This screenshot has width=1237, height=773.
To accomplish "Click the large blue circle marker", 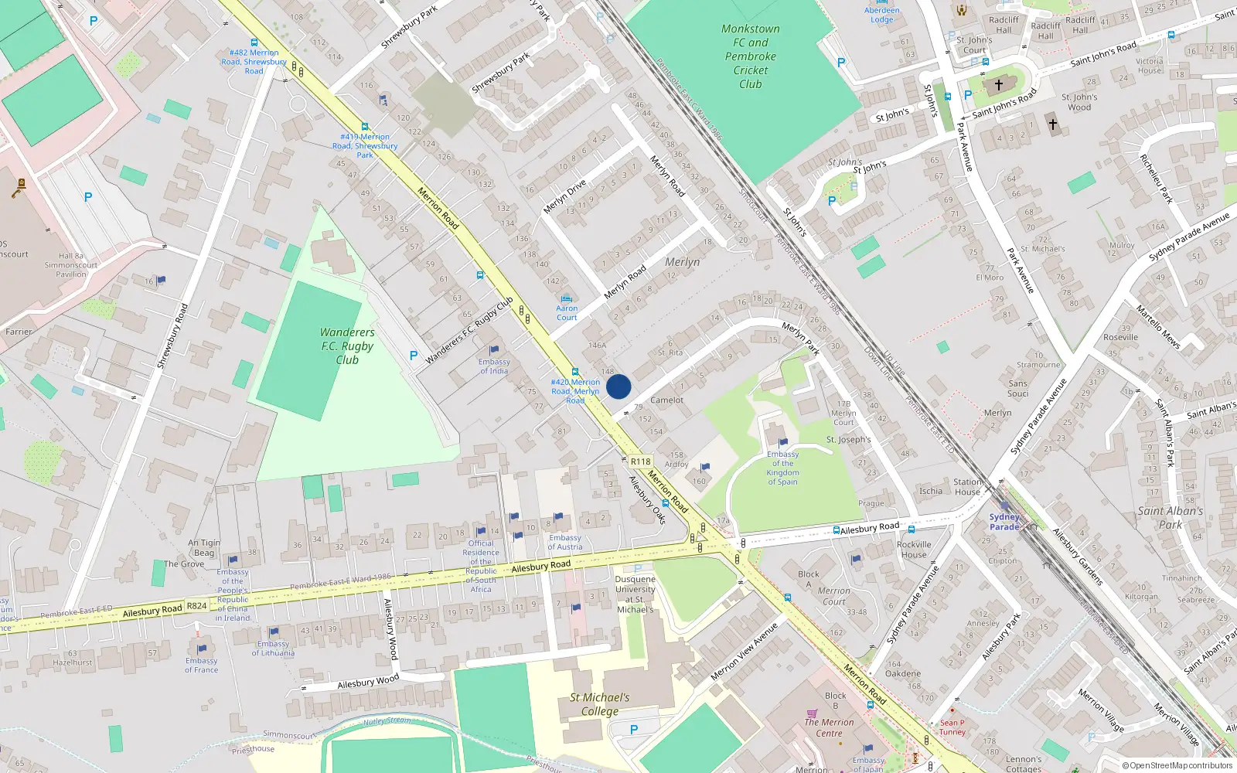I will [618, 386].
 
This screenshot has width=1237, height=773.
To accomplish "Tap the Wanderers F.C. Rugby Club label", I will [347, 346].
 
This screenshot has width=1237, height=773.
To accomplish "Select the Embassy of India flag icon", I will [494, 350].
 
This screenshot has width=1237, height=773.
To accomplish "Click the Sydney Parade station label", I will [1004, 522].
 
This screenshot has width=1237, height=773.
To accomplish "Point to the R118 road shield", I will [640, 461].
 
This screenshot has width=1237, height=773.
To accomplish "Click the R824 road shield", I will [196, 605].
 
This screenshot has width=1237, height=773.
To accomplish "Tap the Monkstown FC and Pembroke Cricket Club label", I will [750, 56].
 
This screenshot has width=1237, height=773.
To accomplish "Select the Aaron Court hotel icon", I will [567, 298].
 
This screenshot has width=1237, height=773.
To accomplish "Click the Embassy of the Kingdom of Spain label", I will [782, 468].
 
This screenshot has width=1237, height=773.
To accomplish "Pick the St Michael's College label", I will [600, 703].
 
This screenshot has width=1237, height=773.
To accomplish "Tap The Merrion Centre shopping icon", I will [812, 713].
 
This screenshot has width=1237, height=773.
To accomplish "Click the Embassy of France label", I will [201, 665].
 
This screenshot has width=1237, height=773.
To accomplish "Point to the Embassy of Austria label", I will [565, 542].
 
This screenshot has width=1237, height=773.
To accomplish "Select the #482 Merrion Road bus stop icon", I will [254, 43].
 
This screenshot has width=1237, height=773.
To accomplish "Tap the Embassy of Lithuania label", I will [273, 648].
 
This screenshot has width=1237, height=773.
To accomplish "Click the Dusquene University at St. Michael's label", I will [635, 594].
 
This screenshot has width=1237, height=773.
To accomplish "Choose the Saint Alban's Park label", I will [1170, 517].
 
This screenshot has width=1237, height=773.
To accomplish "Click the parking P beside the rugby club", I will [413, 356].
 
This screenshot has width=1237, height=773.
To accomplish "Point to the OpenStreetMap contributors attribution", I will [1177, 765].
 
